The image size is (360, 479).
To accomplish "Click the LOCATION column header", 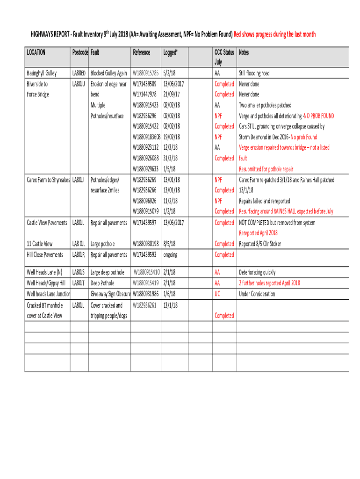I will (36, 52).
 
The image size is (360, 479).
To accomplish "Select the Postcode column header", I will (80, 52).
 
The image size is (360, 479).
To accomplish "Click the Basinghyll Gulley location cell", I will (42, 73).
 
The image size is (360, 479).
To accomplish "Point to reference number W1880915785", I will (146, 73).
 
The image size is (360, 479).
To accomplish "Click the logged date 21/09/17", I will (172, 94).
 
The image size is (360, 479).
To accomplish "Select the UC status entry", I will (217, 294).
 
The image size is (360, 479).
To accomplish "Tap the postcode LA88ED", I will (79, 73).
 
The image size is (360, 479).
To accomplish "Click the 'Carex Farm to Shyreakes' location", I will (48, 180).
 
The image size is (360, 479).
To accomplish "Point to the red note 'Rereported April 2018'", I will (258, 233).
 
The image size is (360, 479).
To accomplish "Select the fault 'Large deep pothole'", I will (108, 272).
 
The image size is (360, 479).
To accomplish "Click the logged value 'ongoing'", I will (170, 255).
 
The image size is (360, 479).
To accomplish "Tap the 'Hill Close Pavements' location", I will (45, 255).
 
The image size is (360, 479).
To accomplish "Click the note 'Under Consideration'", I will (257, 294).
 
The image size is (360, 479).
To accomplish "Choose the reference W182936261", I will (144, 305).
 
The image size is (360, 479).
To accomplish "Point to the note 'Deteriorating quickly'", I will (257, 272).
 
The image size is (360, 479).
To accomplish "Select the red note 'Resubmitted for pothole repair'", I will (266, 169).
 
